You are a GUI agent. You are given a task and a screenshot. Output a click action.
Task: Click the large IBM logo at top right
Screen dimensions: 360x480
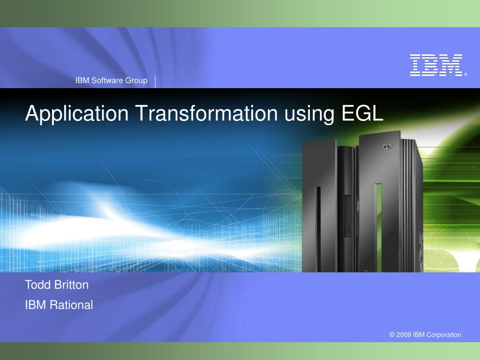436,65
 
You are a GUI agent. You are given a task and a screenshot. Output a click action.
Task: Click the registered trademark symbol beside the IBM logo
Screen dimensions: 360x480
465,74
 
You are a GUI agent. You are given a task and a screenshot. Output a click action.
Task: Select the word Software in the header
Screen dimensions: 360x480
107,81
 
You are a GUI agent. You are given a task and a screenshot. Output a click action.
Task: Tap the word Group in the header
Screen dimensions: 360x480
136,81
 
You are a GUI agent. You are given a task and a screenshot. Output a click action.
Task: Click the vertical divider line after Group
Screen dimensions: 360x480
155,81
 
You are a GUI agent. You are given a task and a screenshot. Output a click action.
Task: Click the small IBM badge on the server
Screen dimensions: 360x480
388,146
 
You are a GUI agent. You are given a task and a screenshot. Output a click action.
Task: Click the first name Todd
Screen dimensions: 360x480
36,285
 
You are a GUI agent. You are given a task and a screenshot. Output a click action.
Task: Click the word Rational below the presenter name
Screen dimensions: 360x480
71,305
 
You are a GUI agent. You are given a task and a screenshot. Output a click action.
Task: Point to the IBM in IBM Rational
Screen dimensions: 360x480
36,305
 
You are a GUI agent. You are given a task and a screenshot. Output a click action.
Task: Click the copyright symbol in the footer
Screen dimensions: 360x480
392,335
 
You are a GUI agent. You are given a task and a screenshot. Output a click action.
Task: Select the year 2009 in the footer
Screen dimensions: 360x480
404,335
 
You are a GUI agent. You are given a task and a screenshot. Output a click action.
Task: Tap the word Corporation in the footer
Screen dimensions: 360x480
443,335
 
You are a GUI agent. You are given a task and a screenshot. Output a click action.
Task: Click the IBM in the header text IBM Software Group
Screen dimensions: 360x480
82,81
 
